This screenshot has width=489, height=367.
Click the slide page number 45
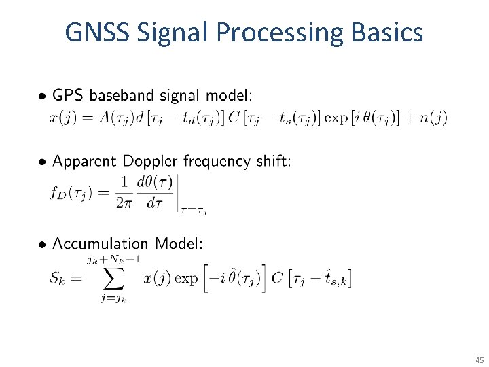pos(479,360)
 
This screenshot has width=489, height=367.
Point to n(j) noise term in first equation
pos(433,118)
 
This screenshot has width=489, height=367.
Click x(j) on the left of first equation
pos(62,118)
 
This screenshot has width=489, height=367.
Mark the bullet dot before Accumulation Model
pos(42,244)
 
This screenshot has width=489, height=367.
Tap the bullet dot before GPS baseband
pos(42,94)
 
